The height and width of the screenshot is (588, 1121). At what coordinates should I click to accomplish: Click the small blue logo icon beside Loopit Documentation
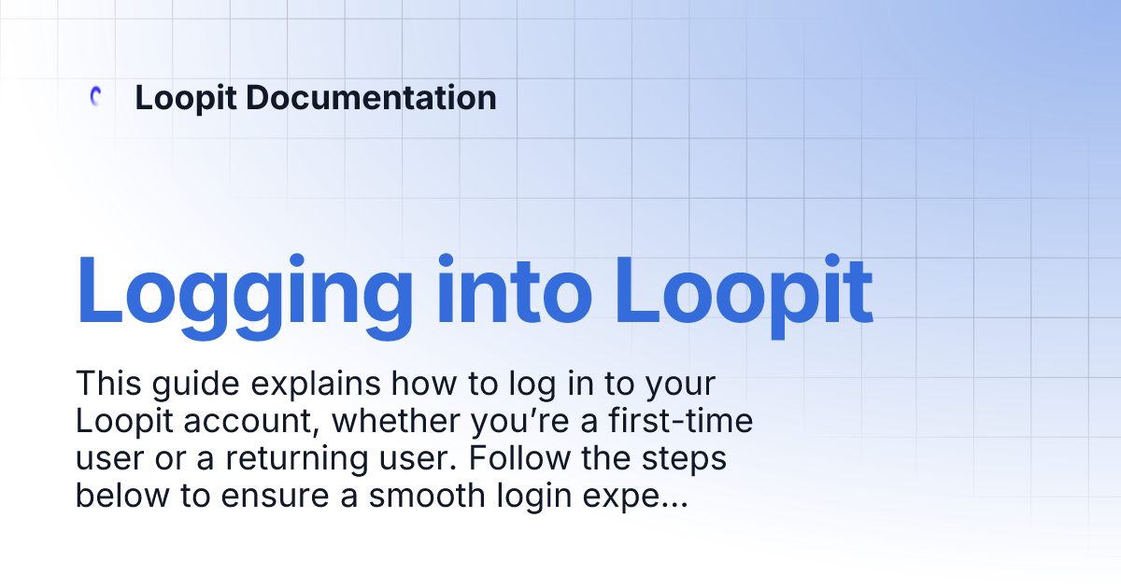point(94,97)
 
